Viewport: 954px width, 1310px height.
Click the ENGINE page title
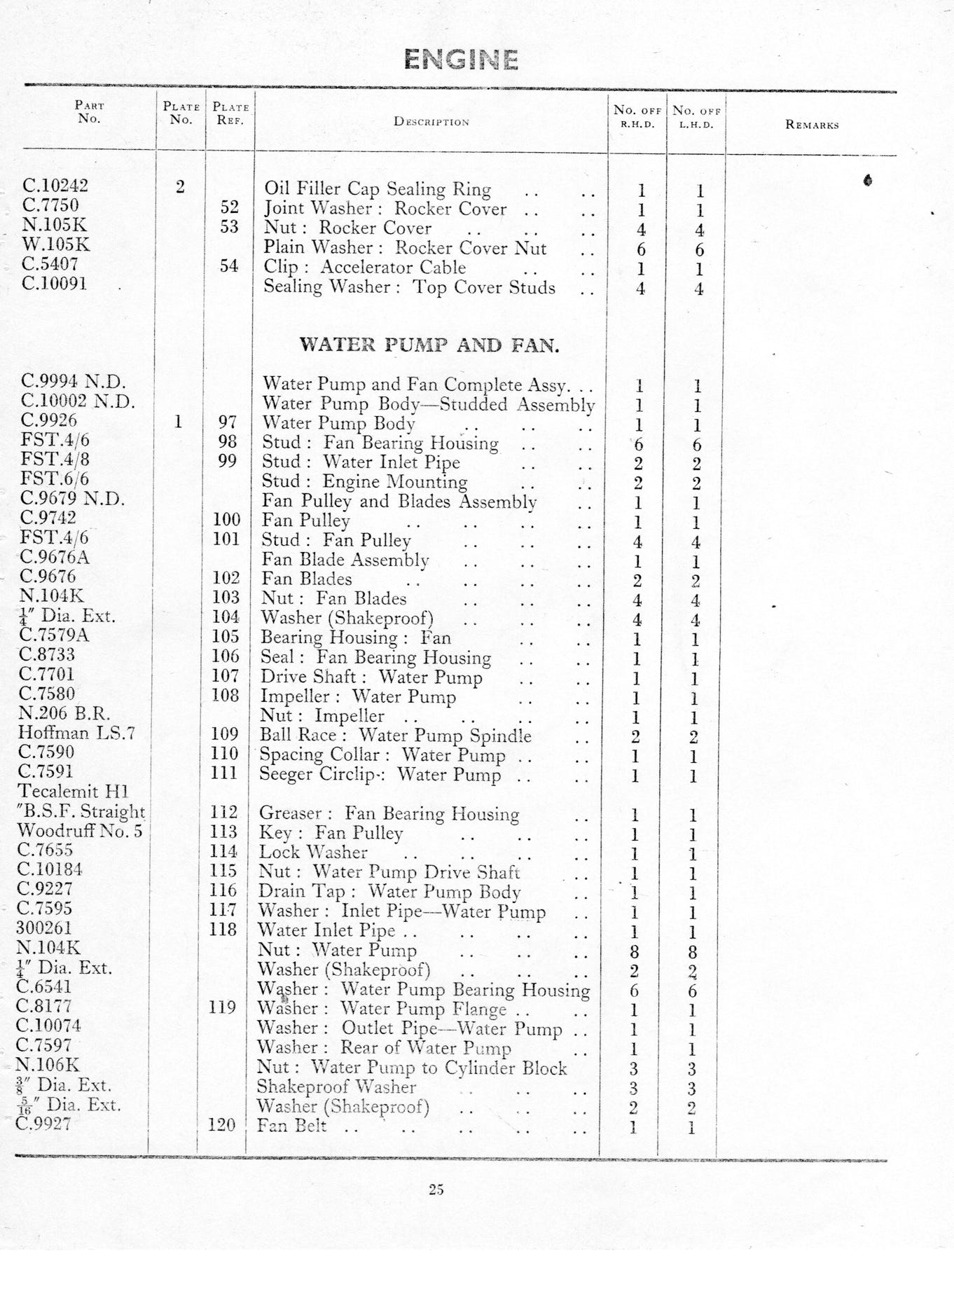tap(461, 60)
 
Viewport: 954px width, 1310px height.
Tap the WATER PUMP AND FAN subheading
tap(429, 345)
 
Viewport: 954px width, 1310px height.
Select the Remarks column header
tap(812, 125)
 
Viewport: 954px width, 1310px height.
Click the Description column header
tap(431, 121)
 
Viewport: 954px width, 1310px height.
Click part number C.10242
tap(55, 186)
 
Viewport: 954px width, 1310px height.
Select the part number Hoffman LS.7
tap(76, 733)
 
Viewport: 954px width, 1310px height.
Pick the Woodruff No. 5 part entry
tap(79, 831)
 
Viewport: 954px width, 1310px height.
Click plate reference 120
tap(221, 1124)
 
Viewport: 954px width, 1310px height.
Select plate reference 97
tap(227, 422)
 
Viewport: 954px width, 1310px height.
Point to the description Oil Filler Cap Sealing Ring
tap(377, 188)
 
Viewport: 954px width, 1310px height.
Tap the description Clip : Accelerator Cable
tap(364, 267)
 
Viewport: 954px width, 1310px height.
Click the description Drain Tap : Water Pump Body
tap(389, 891)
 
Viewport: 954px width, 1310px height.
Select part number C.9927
tap(44, 1123)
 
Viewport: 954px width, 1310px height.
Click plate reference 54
tap(228, 266)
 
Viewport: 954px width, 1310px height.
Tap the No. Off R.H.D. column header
tap(637, 116)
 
